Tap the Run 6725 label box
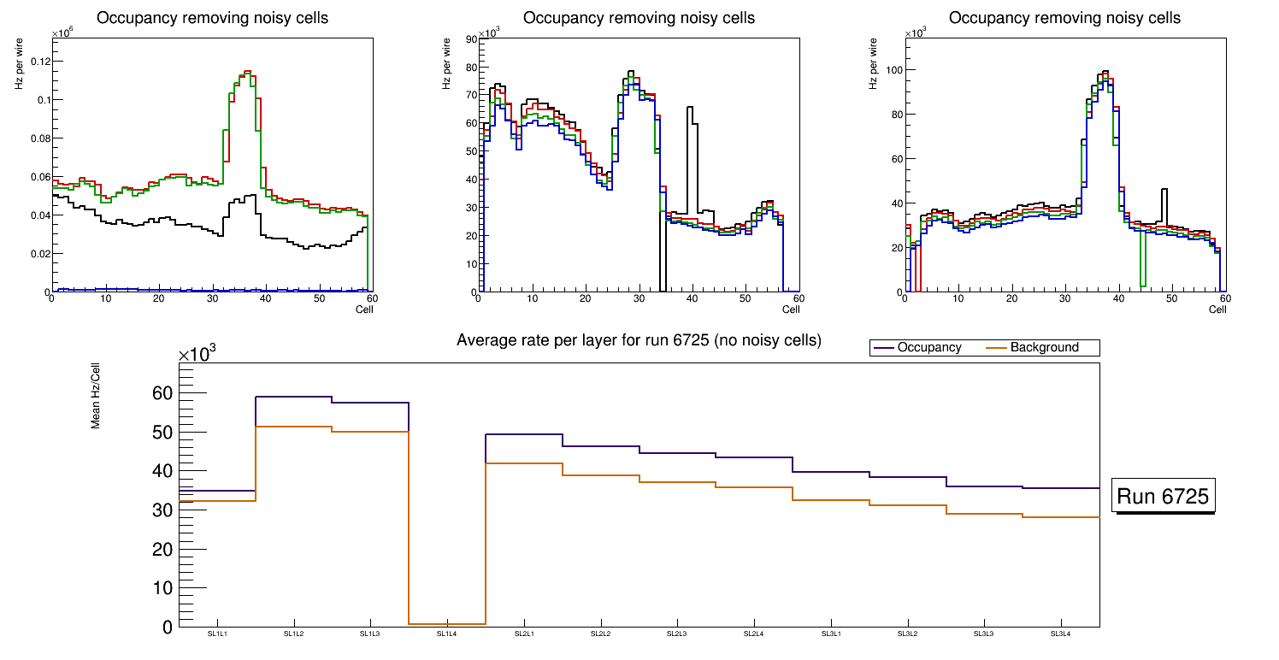point(1164,496)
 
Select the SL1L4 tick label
point(447,634)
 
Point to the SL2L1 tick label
point(524,634)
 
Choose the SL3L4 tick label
point(1060,634)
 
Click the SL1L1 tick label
point(217,634)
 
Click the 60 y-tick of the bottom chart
point(162,394)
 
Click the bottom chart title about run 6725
point(639,340)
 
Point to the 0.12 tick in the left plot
point(38,62)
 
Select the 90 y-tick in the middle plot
point(469,38)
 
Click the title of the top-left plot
point(212,18)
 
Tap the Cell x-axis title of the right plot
point(1217,309)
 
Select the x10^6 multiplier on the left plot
point(62,32)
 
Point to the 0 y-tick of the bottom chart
point(168,627)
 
